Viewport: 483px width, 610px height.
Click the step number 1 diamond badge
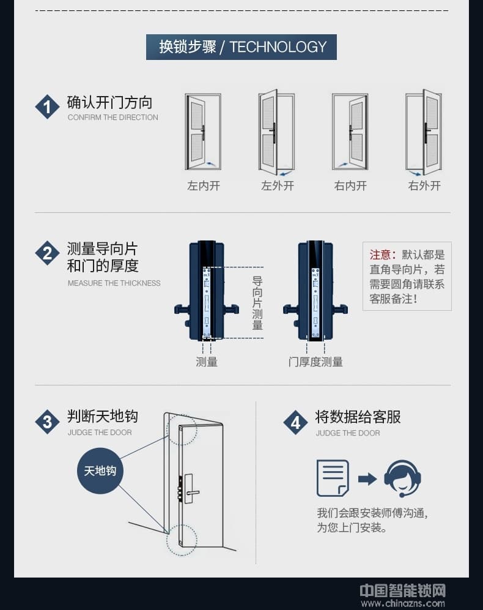click(x=47, y=107)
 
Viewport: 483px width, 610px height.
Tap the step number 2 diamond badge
click(x=47, y=253)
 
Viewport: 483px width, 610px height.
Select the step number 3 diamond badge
click(x=47, y=422)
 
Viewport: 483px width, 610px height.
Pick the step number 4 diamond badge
click(x=295, y=422)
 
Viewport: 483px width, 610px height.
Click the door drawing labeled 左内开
click(x=203, y=132)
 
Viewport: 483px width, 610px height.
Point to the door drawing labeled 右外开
click(x=424, y=132)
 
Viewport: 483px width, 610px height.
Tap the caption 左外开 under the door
click(x=277, y=185)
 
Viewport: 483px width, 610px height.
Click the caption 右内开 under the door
click(x=350, y=185)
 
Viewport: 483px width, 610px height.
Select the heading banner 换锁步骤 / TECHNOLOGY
click(x=241, y=47)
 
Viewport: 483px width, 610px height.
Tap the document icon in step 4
click(x=333, y=478)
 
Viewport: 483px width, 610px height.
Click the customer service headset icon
click(x=402, y=478)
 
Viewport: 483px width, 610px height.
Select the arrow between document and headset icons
click(x=367, y=478)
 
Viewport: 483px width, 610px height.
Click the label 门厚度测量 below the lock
click(x=315, y=362)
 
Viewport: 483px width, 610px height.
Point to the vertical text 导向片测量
click(x=257, y=303)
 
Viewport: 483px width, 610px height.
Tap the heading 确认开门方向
click(x=109, y=102)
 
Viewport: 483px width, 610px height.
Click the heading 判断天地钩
click(x=103, y=417)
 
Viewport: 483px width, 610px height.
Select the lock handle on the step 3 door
click(x=191, y=492)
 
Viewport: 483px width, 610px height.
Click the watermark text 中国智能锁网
click(x=402, y=590)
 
